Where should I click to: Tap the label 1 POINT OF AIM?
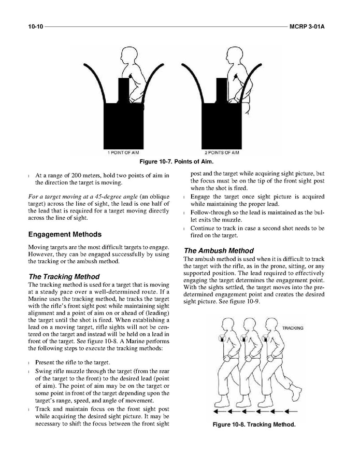124,153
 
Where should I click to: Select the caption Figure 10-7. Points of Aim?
180,162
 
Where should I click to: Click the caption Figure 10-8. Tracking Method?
254,425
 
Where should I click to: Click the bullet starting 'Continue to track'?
257,231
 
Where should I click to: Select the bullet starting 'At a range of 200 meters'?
98,179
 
